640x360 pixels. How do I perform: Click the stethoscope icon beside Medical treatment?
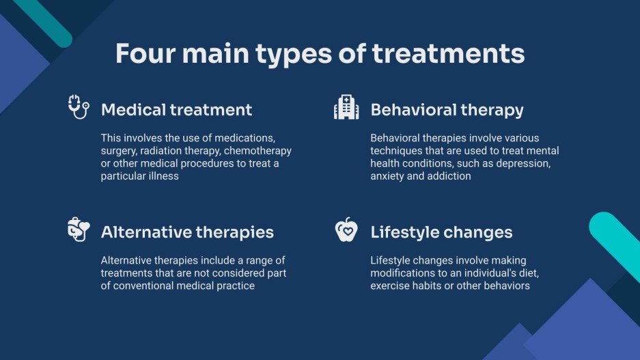(x=79, y=107)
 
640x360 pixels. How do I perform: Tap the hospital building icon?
(x=346, y=107)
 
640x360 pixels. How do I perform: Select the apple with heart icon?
(x=346, y=230)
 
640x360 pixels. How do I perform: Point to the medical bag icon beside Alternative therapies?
(x=79, y=230)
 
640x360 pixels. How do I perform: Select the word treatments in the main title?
(x=448, y=54)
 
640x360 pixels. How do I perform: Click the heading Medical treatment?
(x=176, y=110)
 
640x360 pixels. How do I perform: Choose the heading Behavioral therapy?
(x=447, y=110)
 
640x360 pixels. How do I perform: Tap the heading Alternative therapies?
(x=187, y=233)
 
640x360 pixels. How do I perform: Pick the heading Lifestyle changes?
(x=441, y=233)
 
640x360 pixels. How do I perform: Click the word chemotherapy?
(x=258, y=151)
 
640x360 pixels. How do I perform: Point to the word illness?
(x=165, y=176)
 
